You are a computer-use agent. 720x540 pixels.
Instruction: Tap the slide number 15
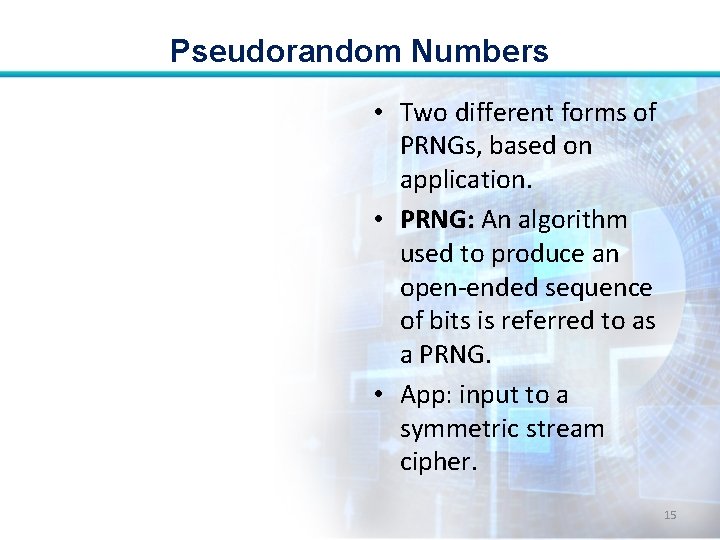pos(670,514)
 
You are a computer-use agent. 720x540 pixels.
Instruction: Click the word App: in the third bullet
pos(426,395)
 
